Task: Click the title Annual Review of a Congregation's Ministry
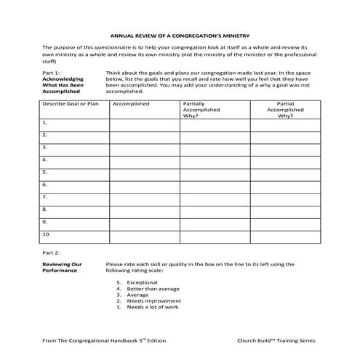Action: coord(180,33)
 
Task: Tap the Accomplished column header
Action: coord(132,104)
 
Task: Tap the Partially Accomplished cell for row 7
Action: coord(215,198)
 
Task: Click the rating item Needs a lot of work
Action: coord(151,307)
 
